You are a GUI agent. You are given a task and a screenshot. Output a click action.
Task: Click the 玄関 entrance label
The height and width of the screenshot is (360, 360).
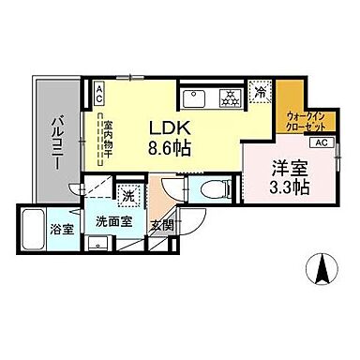click(161, 224)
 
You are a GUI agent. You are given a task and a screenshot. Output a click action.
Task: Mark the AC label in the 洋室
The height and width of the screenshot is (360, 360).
click(320, 142)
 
